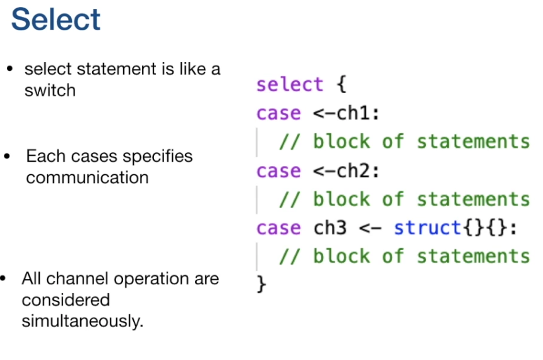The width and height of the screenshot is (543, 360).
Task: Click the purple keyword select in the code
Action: pyautogui.click(x=290, y=85)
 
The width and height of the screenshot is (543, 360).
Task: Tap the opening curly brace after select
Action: pyautogui.click(x=342, y=85)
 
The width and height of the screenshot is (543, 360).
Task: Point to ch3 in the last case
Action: pyautogui.click(x=330, y=227)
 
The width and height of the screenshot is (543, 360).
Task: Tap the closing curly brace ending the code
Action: pyautogui.click(x=262, y=284)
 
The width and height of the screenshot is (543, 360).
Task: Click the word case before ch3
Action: pyautogui.click(x=278, y=227)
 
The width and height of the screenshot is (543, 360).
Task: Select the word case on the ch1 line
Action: pyautogui.click(x=278, y=113)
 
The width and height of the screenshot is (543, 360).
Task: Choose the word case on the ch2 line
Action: pyautogui.click(x=278, y=171)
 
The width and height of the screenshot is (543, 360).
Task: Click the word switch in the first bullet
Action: pyautogui.click(x=50, y=90)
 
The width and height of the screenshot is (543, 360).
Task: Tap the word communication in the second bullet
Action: pyautogui.click(x=87, y=177)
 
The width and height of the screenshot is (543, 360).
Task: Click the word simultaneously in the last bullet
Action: pyautogui.click(x=83, y=321)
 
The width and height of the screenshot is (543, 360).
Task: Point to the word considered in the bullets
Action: pyautogui.click(x=66, y=299)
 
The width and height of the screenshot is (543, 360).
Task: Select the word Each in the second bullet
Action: pyautogui.click(x=42, y=156)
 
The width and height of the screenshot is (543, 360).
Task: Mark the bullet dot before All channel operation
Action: pyautogui.click(x=3, y=279)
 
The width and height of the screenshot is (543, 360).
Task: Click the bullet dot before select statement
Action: pyautogui.click(x=9, y=69)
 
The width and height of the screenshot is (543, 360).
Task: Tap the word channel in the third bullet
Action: pyautogui.click(x=70, y=279)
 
